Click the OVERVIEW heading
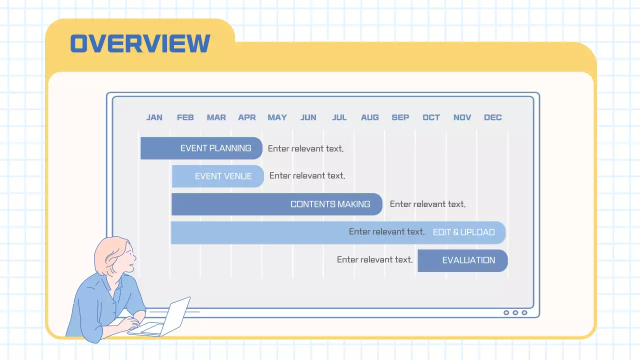[140, 43]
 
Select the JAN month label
[154, 117]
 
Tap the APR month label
[247, 117]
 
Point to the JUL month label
[339, 117]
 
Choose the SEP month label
[400, 117]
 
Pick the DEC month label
[492, 117]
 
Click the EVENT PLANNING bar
[201, 148]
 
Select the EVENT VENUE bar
[217, 176]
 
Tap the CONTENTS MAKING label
[330, 204]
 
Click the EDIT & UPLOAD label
[463, 232]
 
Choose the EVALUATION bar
[462, 260]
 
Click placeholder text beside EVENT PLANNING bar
[305, 148]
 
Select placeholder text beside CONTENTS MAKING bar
[427, 204]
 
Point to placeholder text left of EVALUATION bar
[374, 260]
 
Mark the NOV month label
[462, 117]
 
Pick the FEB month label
[185, 117]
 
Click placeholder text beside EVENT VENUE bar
[307, 175]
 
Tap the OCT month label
[431, 117]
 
